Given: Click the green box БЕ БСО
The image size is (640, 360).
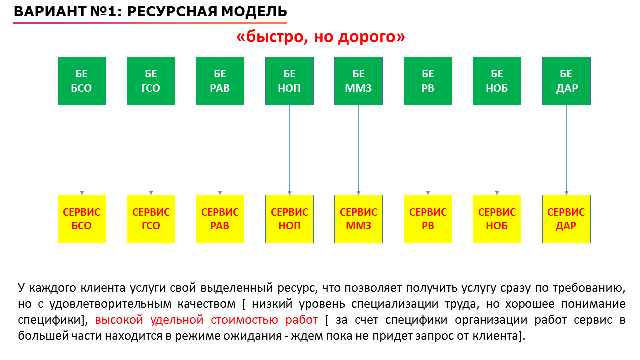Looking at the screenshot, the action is pos(82,81).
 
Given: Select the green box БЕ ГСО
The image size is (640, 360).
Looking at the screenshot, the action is pos(151,81).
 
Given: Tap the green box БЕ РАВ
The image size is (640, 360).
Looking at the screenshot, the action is pos(220,81).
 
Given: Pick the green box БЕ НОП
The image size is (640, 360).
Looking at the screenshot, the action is pos(289,81).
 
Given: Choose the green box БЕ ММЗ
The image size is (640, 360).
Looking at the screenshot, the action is pos(359,81).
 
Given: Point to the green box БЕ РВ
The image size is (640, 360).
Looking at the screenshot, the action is pos(428,81).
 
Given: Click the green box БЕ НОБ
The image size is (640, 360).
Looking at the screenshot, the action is pos(497,81).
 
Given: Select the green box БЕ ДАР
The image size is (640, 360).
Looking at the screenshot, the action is pos(567,81).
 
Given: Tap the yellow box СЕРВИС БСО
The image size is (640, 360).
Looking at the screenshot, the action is pos(82,219).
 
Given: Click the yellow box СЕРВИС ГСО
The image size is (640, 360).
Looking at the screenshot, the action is pos(151,219).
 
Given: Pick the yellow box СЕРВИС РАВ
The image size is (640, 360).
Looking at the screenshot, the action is pos(220,219).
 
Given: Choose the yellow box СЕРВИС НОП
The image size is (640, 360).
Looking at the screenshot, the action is pos(289,219).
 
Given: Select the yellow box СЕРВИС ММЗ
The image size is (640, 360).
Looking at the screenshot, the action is pos(359,219).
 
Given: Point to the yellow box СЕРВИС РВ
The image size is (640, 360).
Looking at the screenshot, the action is pos(428,219).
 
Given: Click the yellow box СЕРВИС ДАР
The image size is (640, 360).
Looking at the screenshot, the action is pos(567,219).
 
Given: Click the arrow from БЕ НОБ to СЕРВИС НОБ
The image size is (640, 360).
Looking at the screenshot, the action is pos(497,150).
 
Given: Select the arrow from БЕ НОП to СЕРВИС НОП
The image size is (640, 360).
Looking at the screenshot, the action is pos(289,150).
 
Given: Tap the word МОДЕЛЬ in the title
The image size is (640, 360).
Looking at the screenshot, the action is pos(254,11).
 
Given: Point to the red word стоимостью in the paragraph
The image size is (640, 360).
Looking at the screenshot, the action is pos(244,320).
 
